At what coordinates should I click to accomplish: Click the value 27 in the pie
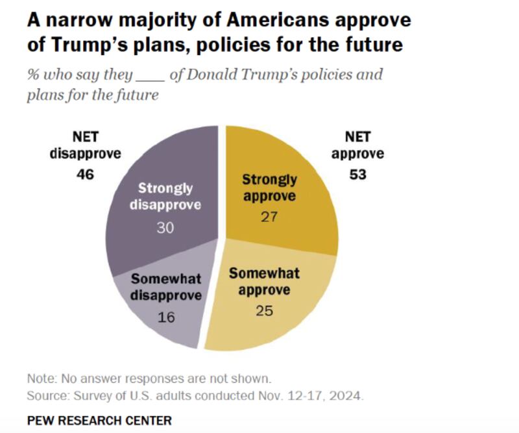269,217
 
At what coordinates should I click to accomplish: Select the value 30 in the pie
165,229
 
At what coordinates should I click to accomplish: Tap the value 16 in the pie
166,317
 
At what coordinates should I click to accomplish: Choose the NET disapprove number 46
84,175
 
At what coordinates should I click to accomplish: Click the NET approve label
357,146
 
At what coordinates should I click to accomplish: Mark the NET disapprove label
84,146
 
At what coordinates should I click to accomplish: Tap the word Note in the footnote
40,378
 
